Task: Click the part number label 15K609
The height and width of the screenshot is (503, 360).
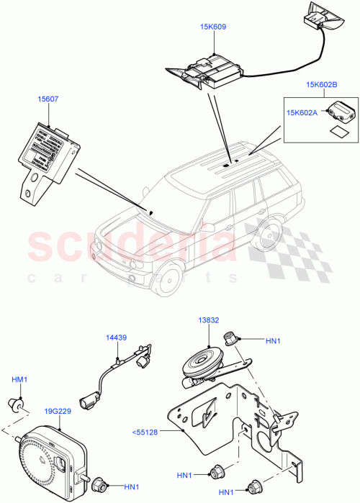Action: click(213, 27)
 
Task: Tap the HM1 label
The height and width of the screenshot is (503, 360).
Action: click(19, 379)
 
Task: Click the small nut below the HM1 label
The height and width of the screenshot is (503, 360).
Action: click(19, 403)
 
